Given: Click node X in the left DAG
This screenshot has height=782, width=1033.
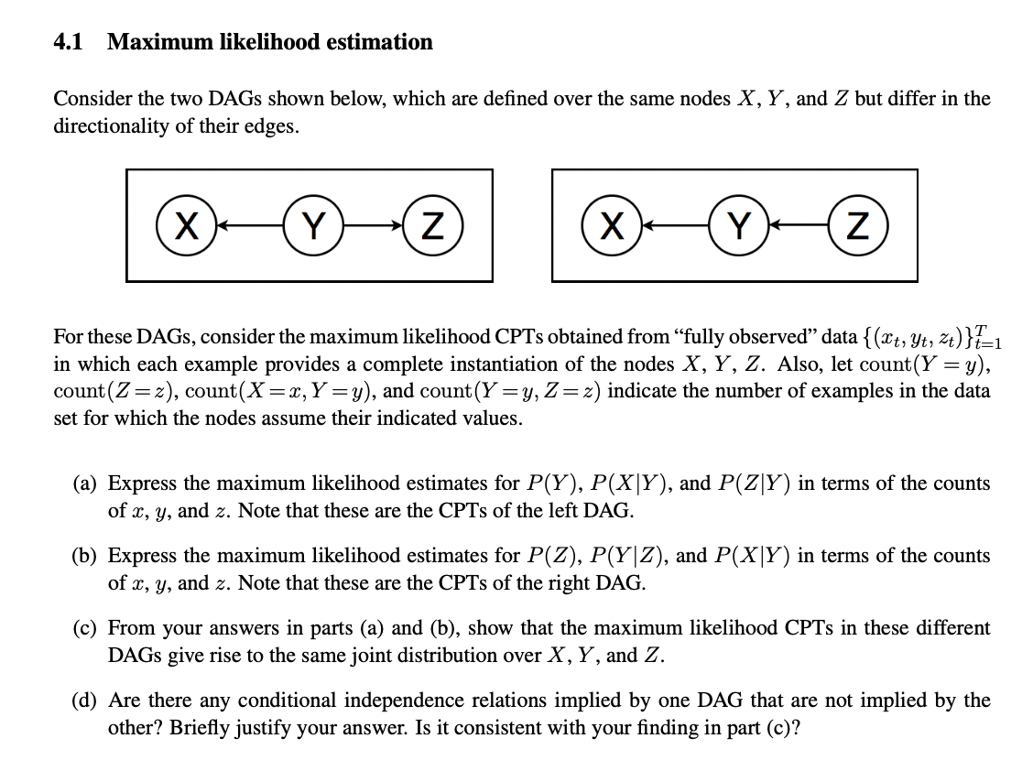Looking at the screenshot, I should point(187,225).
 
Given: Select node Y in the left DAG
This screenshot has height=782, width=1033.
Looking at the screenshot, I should point(313,225).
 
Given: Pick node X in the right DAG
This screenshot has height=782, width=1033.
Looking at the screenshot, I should point(612,225).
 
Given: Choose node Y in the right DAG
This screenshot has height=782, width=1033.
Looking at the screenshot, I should point(738,225).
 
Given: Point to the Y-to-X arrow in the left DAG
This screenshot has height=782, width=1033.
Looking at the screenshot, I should point(250,225).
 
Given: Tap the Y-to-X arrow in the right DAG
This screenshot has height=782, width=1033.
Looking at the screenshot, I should point(675,225).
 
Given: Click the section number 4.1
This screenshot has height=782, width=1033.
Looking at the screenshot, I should point(69,42).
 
